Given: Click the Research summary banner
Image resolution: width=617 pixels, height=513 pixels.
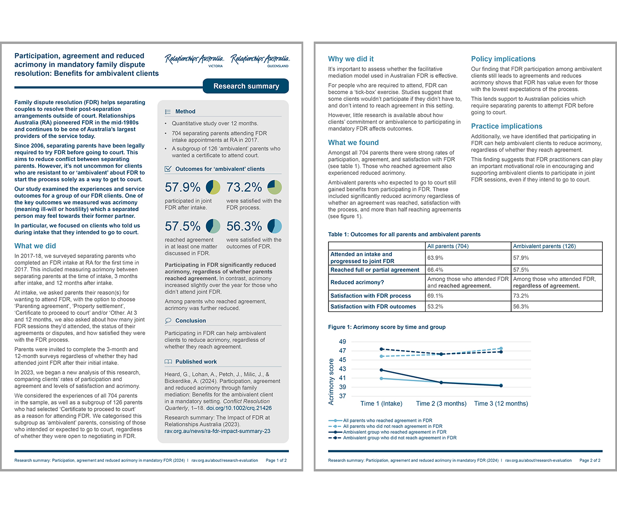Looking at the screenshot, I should tap(246, 86).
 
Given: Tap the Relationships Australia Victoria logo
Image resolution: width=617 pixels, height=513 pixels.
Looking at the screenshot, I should tap(195, 60).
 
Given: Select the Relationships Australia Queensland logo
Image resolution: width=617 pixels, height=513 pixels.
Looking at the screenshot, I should tap(260, 60).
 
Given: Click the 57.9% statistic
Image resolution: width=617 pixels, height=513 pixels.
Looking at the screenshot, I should tap(183, 187).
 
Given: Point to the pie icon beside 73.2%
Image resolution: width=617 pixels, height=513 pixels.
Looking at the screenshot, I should tap(274, 187).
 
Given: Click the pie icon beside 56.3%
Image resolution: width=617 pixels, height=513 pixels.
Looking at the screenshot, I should tap(274, 226).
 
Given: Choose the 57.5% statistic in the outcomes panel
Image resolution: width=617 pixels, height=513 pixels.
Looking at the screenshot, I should tap(183, 226).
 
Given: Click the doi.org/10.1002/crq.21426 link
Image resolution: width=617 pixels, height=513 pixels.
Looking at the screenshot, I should tap(239, 408).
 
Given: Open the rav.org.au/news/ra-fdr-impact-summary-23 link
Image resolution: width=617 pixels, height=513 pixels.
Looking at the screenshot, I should tap(217, 431).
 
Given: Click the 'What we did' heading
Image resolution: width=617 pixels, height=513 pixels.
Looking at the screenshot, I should tap(35, 246).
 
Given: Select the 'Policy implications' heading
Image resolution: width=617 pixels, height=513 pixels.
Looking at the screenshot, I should tap(503, 59).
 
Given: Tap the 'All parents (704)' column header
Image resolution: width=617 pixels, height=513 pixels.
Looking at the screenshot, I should tap(448, 246).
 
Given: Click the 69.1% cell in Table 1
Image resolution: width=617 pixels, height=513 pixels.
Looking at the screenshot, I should tap(435, 296).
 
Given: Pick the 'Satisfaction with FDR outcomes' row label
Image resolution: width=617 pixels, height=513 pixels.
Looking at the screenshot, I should tap(373, 307).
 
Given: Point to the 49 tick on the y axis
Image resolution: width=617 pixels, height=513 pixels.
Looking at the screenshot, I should tap(342, 342).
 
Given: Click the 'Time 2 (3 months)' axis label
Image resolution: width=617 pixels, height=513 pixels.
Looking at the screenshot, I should tap(441, 404).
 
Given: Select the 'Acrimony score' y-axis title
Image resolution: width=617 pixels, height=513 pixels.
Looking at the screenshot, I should tap(331, 382).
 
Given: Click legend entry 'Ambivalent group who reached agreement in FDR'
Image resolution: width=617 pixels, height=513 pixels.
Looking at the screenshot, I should tap(394, 432).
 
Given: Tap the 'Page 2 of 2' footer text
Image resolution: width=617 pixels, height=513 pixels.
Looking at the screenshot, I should tap(589, 460).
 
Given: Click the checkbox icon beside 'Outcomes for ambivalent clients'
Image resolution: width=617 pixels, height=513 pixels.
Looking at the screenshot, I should tap(168, 169).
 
